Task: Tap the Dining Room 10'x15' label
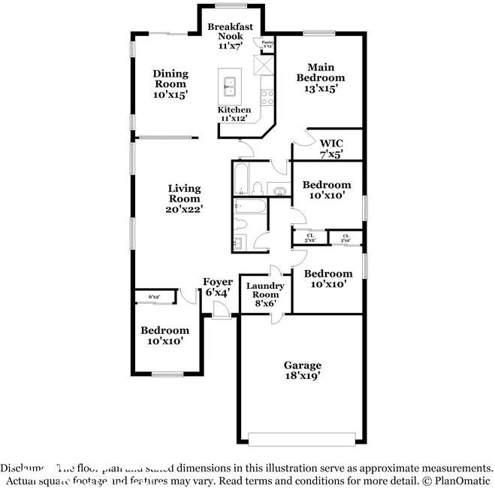pyautogui.click(x=171, y=84)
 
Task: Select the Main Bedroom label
pyautogui.click(x=321, y=77)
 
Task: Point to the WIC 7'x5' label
pyautogui.click(x=331, y=149)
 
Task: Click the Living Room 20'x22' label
pyautogui.click(x=184, y=199)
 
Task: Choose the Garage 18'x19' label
pyautogui.click(x=302, y=369)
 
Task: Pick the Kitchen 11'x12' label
pyautogui.click(x=234, y=114)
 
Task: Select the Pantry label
pyautogui.click(x=267, y=44)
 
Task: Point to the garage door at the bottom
pyautogui.click(x=303, y=439)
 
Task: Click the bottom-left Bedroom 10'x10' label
pyautogui.click(x=165, y=335)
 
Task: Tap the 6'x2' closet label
pyautogui.click(x=154, y=297)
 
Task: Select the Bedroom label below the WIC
pyautogui.click(x=327, y=189)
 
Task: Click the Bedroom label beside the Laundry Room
pyautogui.click(x=327, y=279)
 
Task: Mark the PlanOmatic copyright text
pyautogui.click(x=457, y=479)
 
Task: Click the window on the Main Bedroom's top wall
pyautogui.click(x=319, y=32)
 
